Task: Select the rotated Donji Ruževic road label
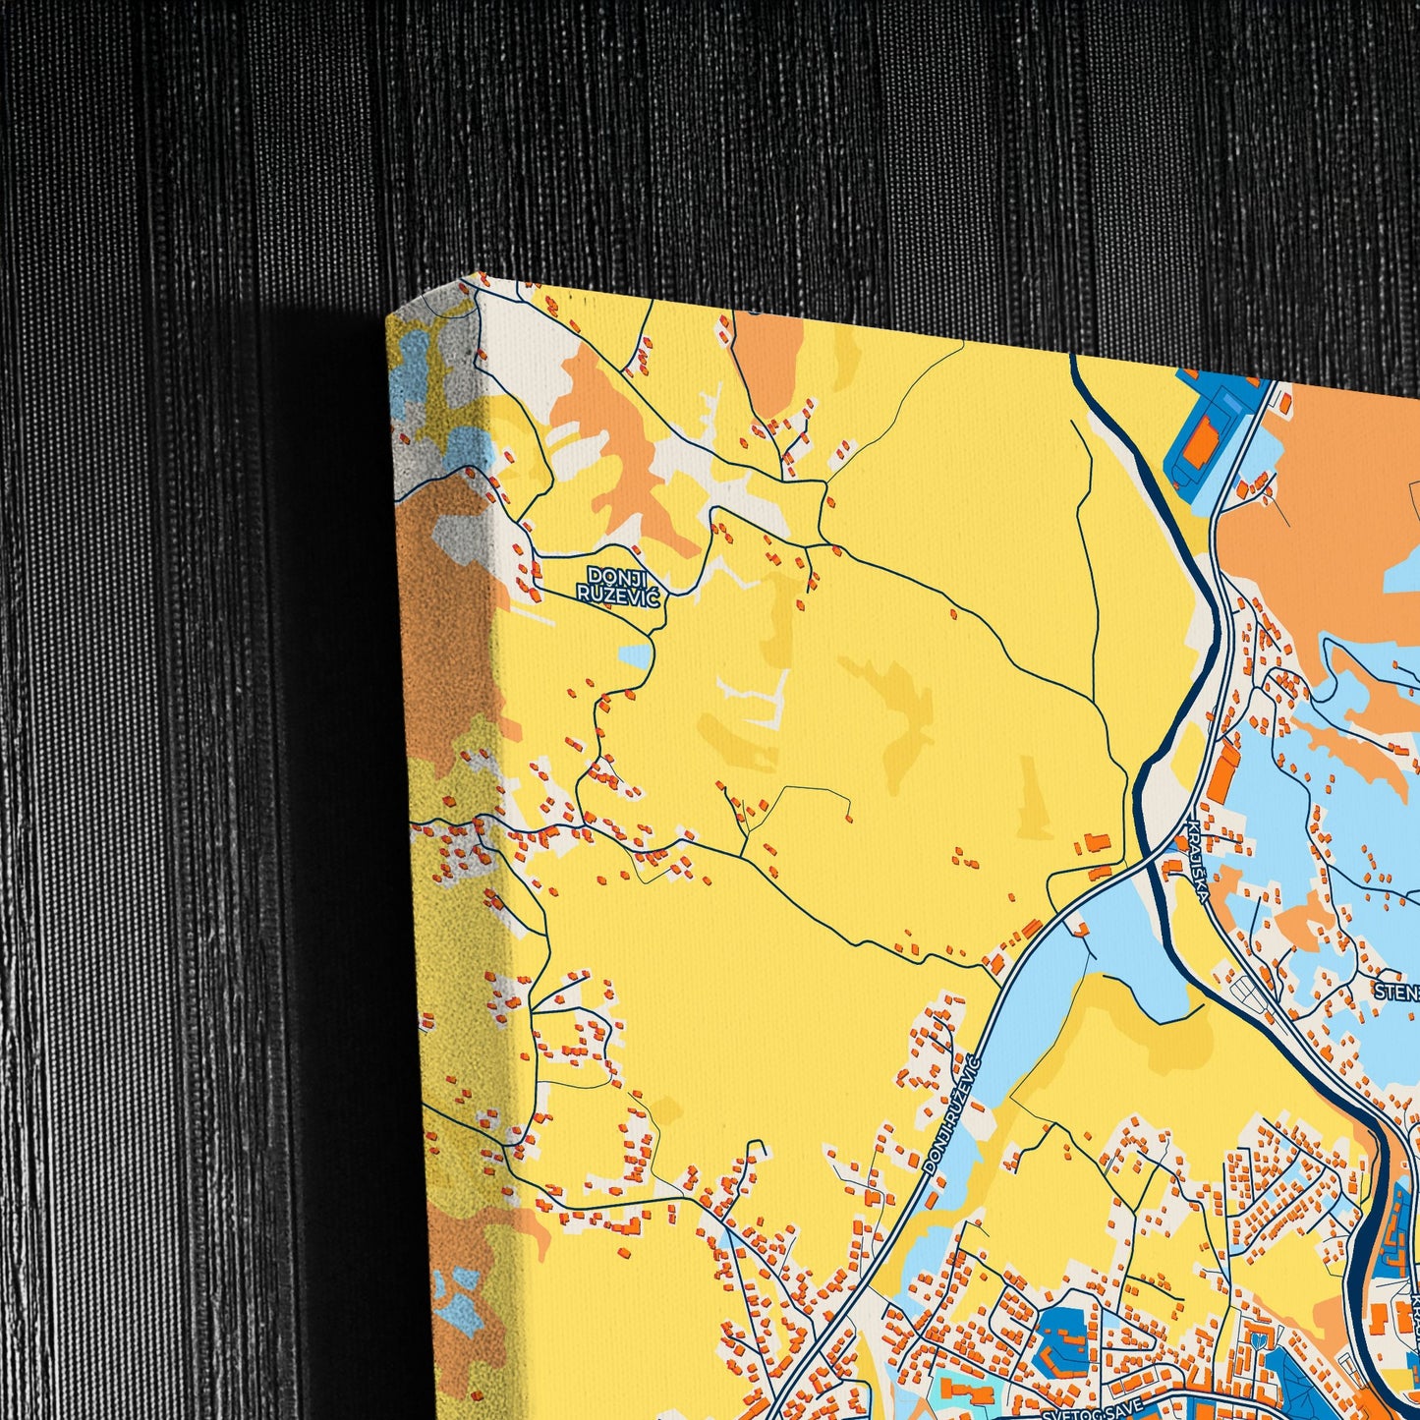[951, 1115]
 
